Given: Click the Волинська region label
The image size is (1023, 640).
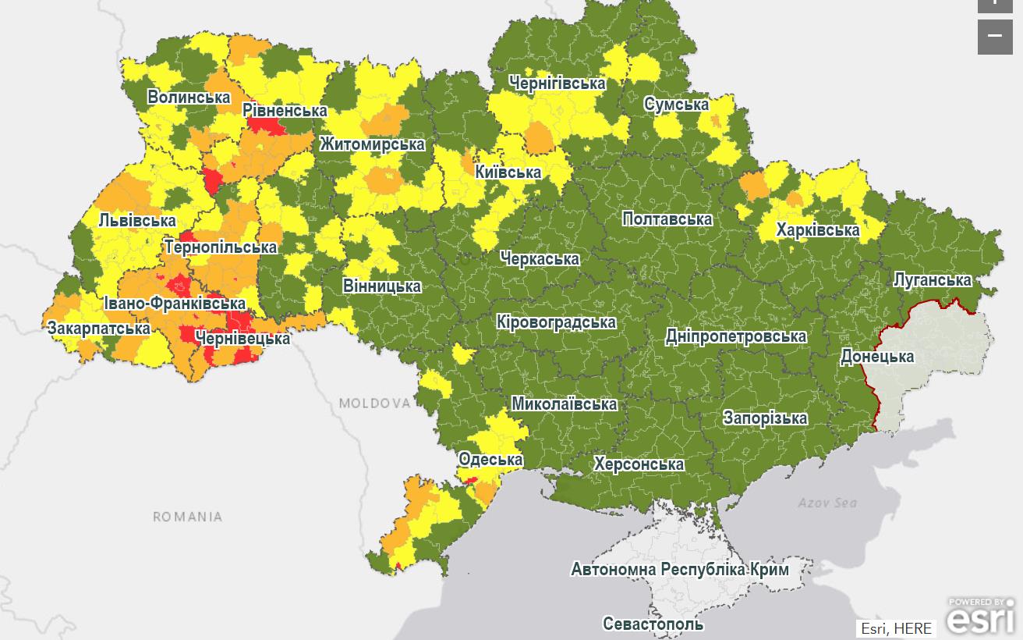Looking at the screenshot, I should pyautogui.click(x=189, y=98).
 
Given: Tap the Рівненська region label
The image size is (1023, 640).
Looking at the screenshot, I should pyautogui.click(x=285, y=110).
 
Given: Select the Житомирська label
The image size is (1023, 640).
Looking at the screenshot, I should pyautogui.click(x=372, y=144).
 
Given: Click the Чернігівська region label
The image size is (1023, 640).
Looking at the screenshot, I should pyautogui.click(x=557, y=83).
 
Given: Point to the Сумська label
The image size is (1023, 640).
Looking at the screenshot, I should pyautogui.click(x=676, y=105).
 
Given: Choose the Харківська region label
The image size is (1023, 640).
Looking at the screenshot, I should pyautogui.click(x=817, y=230).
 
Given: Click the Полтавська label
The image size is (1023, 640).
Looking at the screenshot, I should pyautogui.click(x=667, y=219).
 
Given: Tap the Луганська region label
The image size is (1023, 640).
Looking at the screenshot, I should pyautogui.click(x=932, y=279).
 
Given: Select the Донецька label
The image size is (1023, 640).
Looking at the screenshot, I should pyautogui.click(x=876, y=357).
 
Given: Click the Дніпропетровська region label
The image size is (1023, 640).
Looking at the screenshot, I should pyautogui.click(x=735, y=336).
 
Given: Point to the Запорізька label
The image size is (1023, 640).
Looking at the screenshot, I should pyautogui.click(x=765, y=418).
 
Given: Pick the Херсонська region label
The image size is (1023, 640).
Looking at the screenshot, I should pyautogui.click(x=639, y=464).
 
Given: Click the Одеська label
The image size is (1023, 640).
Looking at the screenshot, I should pyautogui.click(x=490, y=459).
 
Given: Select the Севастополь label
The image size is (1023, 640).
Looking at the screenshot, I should pyautogui.click(x=653, y=624).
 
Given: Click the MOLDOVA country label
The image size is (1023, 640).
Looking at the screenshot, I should pyautogui.click(x=374, y=404).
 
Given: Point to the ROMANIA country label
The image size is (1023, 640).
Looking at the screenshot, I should pyautogui.click(x=187, y=517).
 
